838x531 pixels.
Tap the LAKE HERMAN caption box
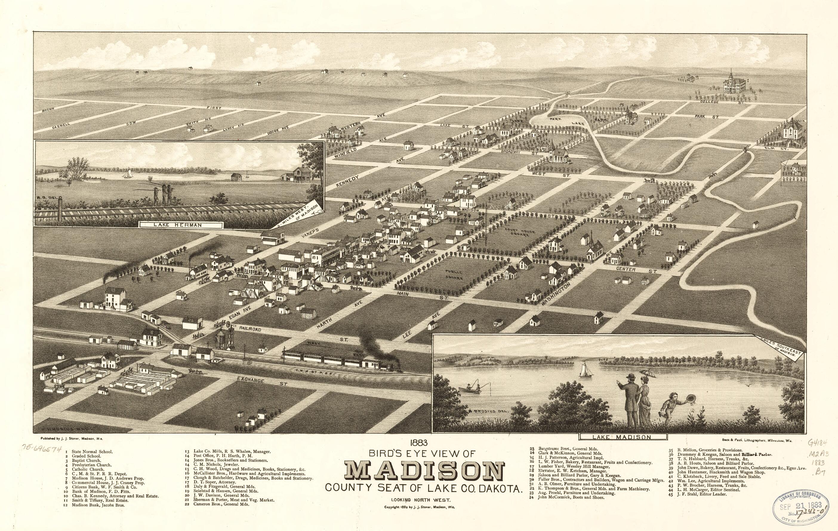[x=181, y=225]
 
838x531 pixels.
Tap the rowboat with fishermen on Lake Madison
[x=471, y=389]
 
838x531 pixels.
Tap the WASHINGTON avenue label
[x=556, y=294]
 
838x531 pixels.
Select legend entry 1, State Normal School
[x=90, y=452]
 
